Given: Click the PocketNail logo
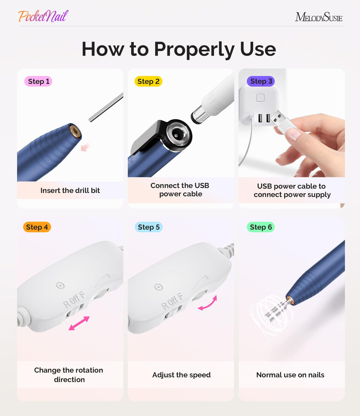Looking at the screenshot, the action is [x=43, y=16].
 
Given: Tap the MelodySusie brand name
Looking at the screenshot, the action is [x=319, y=17].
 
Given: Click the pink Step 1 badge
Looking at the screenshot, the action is [x=38, y=81].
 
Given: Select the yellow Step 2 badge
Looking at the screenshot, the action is [x=148, y=81].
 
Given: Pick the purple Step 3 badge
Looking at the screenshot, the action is [x=261, y=81].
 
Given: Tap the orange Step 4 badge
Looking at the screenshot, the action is [x=37, y=227].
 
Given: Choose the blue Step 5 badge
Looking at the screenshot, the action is [x=149, y=227].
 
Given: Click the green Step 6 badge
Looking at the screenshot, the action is [x=261, y=227].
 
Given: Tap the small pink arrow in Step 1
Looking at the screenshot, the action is [x=85, y=147].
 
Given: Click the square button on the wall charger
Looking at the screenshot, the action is [x=260, y=98].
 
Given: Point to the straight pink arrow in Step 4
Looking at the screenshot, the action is [x=79, y=323].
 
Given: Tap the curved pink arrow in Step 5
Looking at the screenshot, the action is [x=208, y=303].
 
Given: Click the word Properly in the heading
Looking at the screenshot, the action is [x=194, y=49].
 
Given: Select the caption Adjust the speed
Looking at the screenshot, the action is [x=181, y=375].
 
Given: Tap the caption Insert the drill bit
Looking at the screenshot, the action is [x=70, y=190].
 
